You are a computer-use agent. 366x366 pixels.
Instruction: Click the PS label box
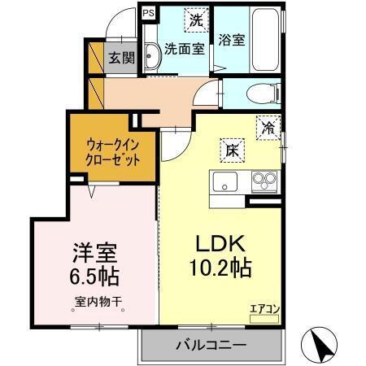click(x=147, y=13)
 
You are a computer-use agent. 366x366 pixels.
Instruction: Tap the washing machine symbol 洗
click(x=195, y=19)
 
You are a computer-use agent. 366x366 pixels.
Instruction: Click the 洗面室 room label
click(x=185, y=48)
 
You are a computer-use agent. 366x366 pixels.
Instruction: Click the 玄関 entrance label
click(x=123, y=58)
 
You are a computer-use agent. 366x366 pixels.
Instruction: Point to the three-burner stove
click(x=264, y=180)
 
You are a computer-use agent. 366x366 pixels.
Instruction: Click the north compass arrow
click(x=319, y=346)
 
